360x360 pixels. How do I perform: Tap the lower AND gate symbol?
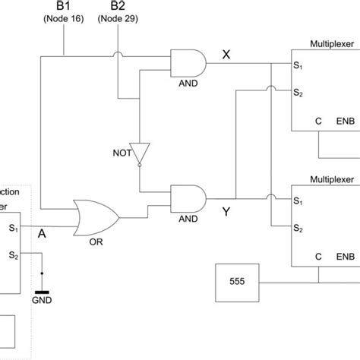click(x=187, y=199)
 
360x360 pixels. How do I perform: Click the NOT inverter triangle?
click(x=140, y=152)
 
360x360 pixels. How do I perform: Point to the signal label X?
click(x=227, y=53)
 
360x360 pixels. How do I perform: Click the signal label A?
click(x=43, y=235)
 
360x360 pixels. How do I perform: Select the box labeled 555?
click(x=237, y=280)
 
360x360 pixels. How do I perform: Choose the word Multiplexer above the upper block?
click(x=332, y=44)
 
